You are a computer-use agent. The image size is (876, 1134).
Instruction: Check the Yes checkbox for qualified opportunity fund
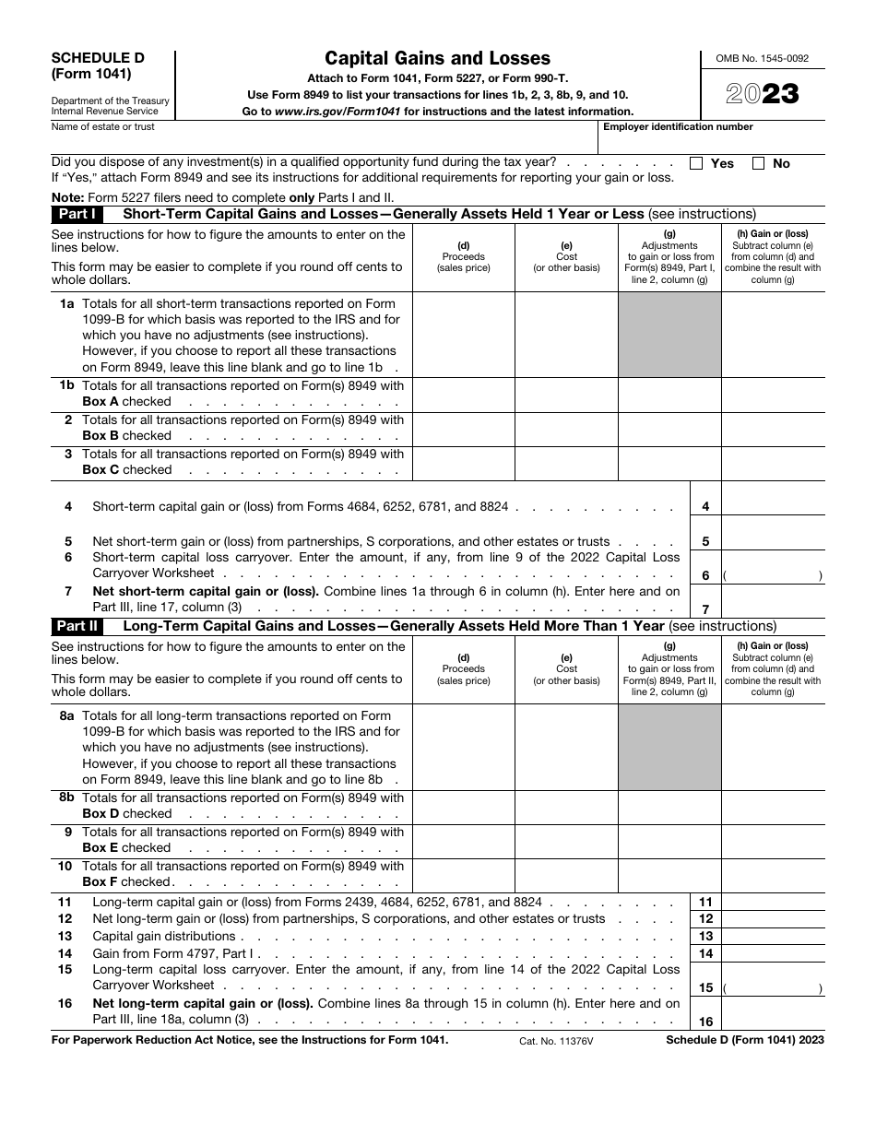[696, 163]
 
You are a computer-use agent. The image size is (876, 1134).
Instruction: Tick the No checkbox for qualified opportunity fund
[758, 163]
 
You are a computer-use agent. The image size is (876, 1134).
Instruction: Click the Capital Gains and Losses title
[437, 58]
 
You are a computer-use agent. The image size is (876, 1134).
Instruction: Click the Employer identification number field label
[678, 127]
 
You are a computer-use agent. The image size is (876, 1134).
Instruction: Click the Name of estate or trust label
[103, 127]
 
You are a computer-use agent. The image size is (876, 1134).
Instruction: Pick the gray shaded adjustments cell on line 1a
[669, 335]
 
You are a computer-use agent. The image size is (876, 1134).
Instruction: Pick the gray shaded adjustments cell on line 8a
[669, 747]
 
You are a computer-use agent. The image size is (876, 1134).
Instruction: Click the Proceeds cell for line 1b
[463, 394]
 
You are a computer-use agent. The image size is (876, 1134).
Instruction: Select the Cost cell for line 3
[566, 462]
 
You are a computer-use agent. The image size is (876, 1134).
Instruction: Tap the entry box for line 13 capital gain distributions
[773, 936]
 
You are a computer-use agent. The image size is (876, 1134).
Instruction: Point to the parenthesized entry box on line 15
[773, 987]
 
